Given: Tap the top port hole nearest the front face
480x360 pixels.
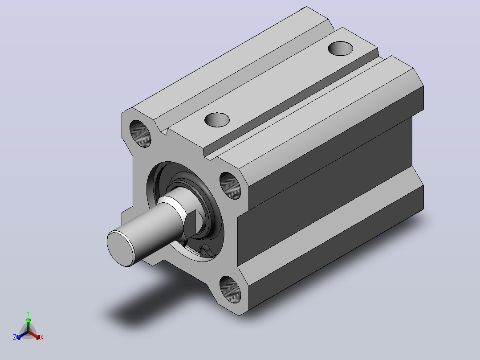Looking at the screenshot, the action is (x=217, y=120).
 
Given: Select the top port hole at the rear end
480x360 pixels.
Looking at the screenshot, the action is (x=340, y=49).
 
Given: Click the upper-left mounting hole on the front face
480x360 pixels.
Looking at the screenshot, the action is (x=141, y=134).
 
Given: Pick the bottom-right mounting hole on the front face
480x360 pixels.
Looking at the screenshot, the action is (x=230, y=290).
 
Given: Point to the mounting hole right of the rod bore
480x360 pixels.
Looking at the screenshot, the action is (x=230, y=186).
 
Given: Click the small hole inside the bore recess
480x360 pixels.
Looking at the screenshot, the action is (x=203, y=251).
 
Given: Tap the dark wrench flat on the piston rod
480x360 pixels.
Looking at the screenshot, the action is (x=191, y=224).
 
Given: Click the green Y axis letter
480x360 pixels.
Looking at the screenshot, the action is (x=28, y=313).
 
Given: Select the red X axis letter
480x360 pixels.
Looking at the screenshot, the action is (x=42, y=337).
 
